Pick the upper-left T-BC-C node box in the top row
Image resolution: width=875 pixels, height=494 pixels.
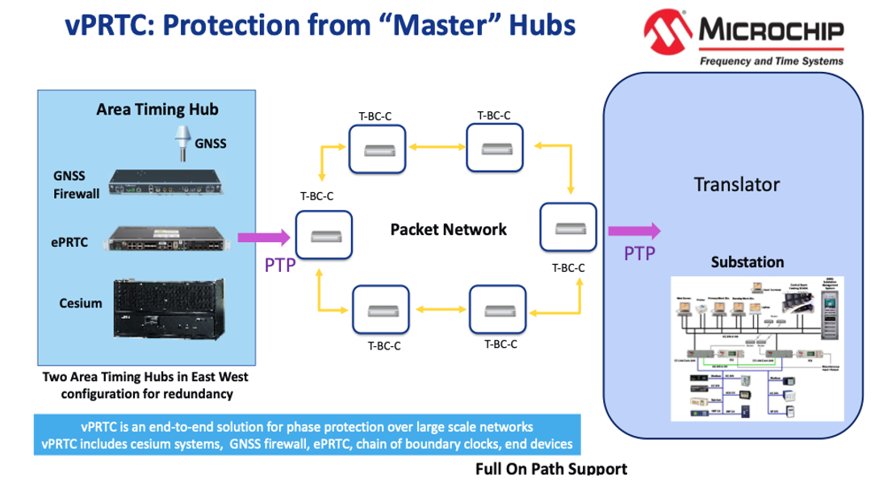pos(376,149)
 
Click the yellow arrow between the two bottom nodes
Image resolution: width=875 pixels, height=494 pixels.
pos(435,310)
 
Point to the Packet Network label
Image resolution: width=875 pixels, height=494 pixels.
pos(448,229)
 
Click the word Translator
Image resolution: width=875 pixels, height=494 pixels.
pos(736,184)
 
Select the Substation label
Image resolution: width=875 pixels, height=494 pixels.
pos(747,262)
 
